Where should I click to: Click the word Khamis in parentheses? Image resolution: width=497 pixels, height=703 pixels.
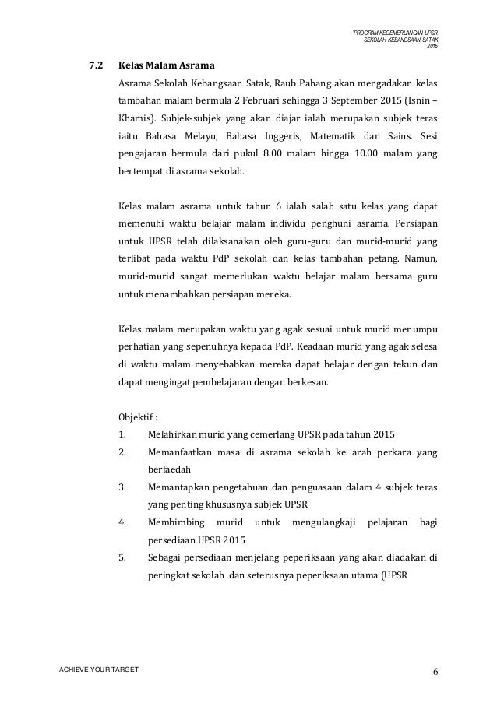[134, 121]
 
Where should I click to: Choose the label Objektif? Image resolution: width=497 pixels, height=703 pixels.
[135, 413]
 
